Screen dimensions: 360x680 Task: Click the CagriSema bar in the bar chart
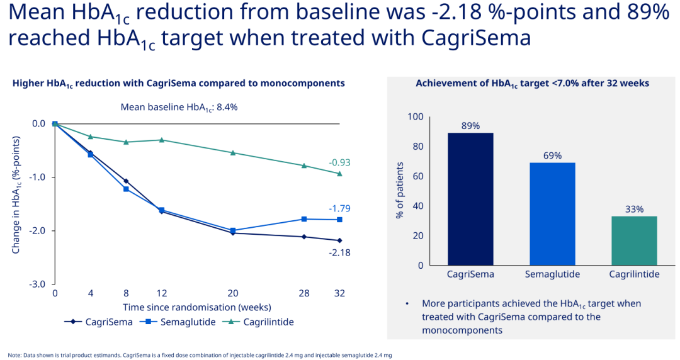click(470, 199)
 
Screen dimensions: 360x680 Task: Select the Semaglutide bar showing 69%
click(552, 214)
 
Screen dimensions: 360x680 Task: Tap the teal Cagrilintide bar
click(634, 240)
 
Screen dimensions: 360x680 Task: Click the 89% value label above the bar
click(470, 126)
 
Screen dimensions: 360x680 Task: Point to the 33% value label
click(634, 210)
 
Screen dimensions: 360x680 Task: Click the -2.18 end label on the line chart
click(339, 253)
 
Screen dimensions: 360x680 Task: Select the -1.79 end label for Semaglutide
click(339, 208)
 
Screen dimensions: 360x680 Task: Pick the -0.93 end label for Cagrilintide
click(339, 162)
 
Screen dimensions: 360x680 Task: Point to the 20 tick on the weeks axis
click(233, 293)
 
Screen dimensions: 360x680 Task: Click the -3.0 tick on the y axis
click(38, 284)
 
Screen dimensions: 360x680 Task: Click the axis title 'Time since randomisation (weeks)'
click(197, 307)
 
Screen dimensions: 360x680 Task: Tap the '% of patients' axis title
click(400, 191)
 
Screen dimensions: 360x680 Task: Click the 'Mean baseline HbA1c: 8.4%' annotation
click(179, 107)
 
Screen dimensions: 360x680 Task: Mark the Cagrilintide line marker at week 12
click(162, 140)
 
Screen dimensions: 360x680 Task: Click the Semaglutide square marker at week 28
click(304, 219)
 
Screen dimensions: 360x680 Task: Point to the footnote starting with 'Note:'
click(200, 355)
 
